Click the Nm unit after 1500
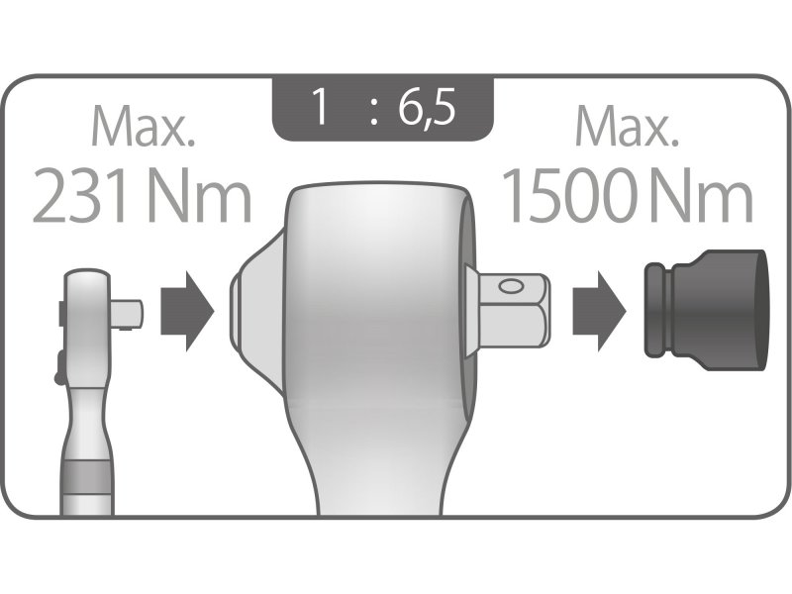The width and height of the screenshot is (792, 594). point(704,196)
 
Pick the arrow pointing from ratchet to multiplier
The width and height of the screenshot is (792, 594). point(187,309)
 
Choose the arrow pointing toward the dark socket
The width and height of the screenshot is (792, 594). point(600,309)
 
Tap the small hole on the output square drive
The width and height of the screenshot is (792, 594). point(512,287)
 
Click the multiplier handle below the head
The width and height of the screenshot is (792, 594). point(381,475)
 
